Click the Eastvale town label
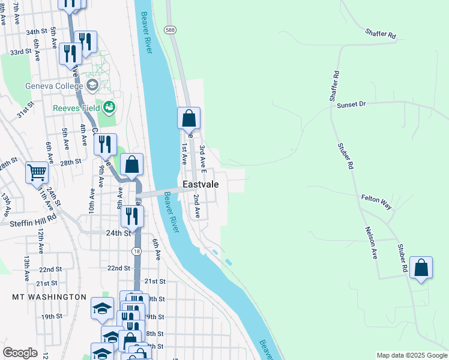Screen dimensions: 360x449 point(201,185)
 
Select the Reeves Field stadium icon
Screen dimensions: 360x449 point(109,107)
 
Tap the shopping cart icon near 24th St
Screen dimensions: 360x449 point(37,173)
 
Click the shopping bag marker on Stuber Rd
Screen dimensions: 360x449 point(421,268)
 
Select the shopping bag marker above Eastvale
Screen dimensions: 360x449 point(188,118)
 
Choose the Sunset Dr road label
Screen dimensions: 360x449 point(351,104)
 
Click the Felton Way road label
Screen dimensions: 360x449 point(376,201)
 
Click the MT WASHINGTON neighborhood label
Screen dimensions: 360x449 point(49,297)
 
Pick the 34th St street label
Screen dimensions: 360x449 point(36,31)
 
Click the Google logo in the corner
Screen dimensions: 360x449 point(20,353)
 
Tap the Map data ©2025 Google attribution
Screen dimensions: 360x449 point(411,355)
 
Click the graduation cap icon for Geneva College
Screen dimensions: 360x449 point(92,86)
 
